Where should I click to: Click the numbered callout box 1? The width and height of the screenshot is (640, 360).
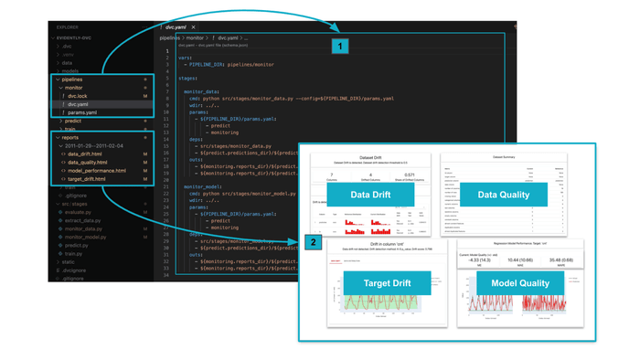point(340,46)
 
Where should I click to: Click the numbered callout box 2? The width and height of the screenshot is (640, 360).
point(314,242)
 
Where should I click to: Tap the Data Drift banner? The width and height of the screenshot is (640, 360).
point(370,195)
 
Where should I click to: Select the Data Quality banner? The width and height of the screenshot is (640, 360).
point(504,195)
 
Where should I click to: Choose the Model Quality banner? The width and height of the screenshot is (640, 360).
point(520,283)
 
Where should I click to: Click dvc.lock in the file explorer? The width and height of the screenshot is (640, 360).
point(78,96)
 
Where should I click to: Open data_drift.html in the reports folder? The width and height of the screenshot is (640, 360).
point(85,154)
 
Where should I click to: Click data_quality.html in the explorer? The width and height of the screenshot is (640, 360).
point(88,163)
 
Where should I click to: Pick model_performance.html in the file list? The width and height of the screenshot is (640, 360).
point(96,171)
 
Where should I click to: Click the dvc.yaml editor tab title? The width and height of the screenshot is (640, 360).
point(176,27)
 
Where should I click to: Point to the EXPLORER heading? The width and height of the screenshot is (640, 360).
point(68,27)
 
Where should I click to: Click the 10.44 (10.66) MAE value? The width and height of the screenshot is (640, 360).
point(520,260)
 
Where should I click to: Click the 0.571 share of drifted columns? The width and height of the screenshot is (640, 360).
point(410,175)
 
